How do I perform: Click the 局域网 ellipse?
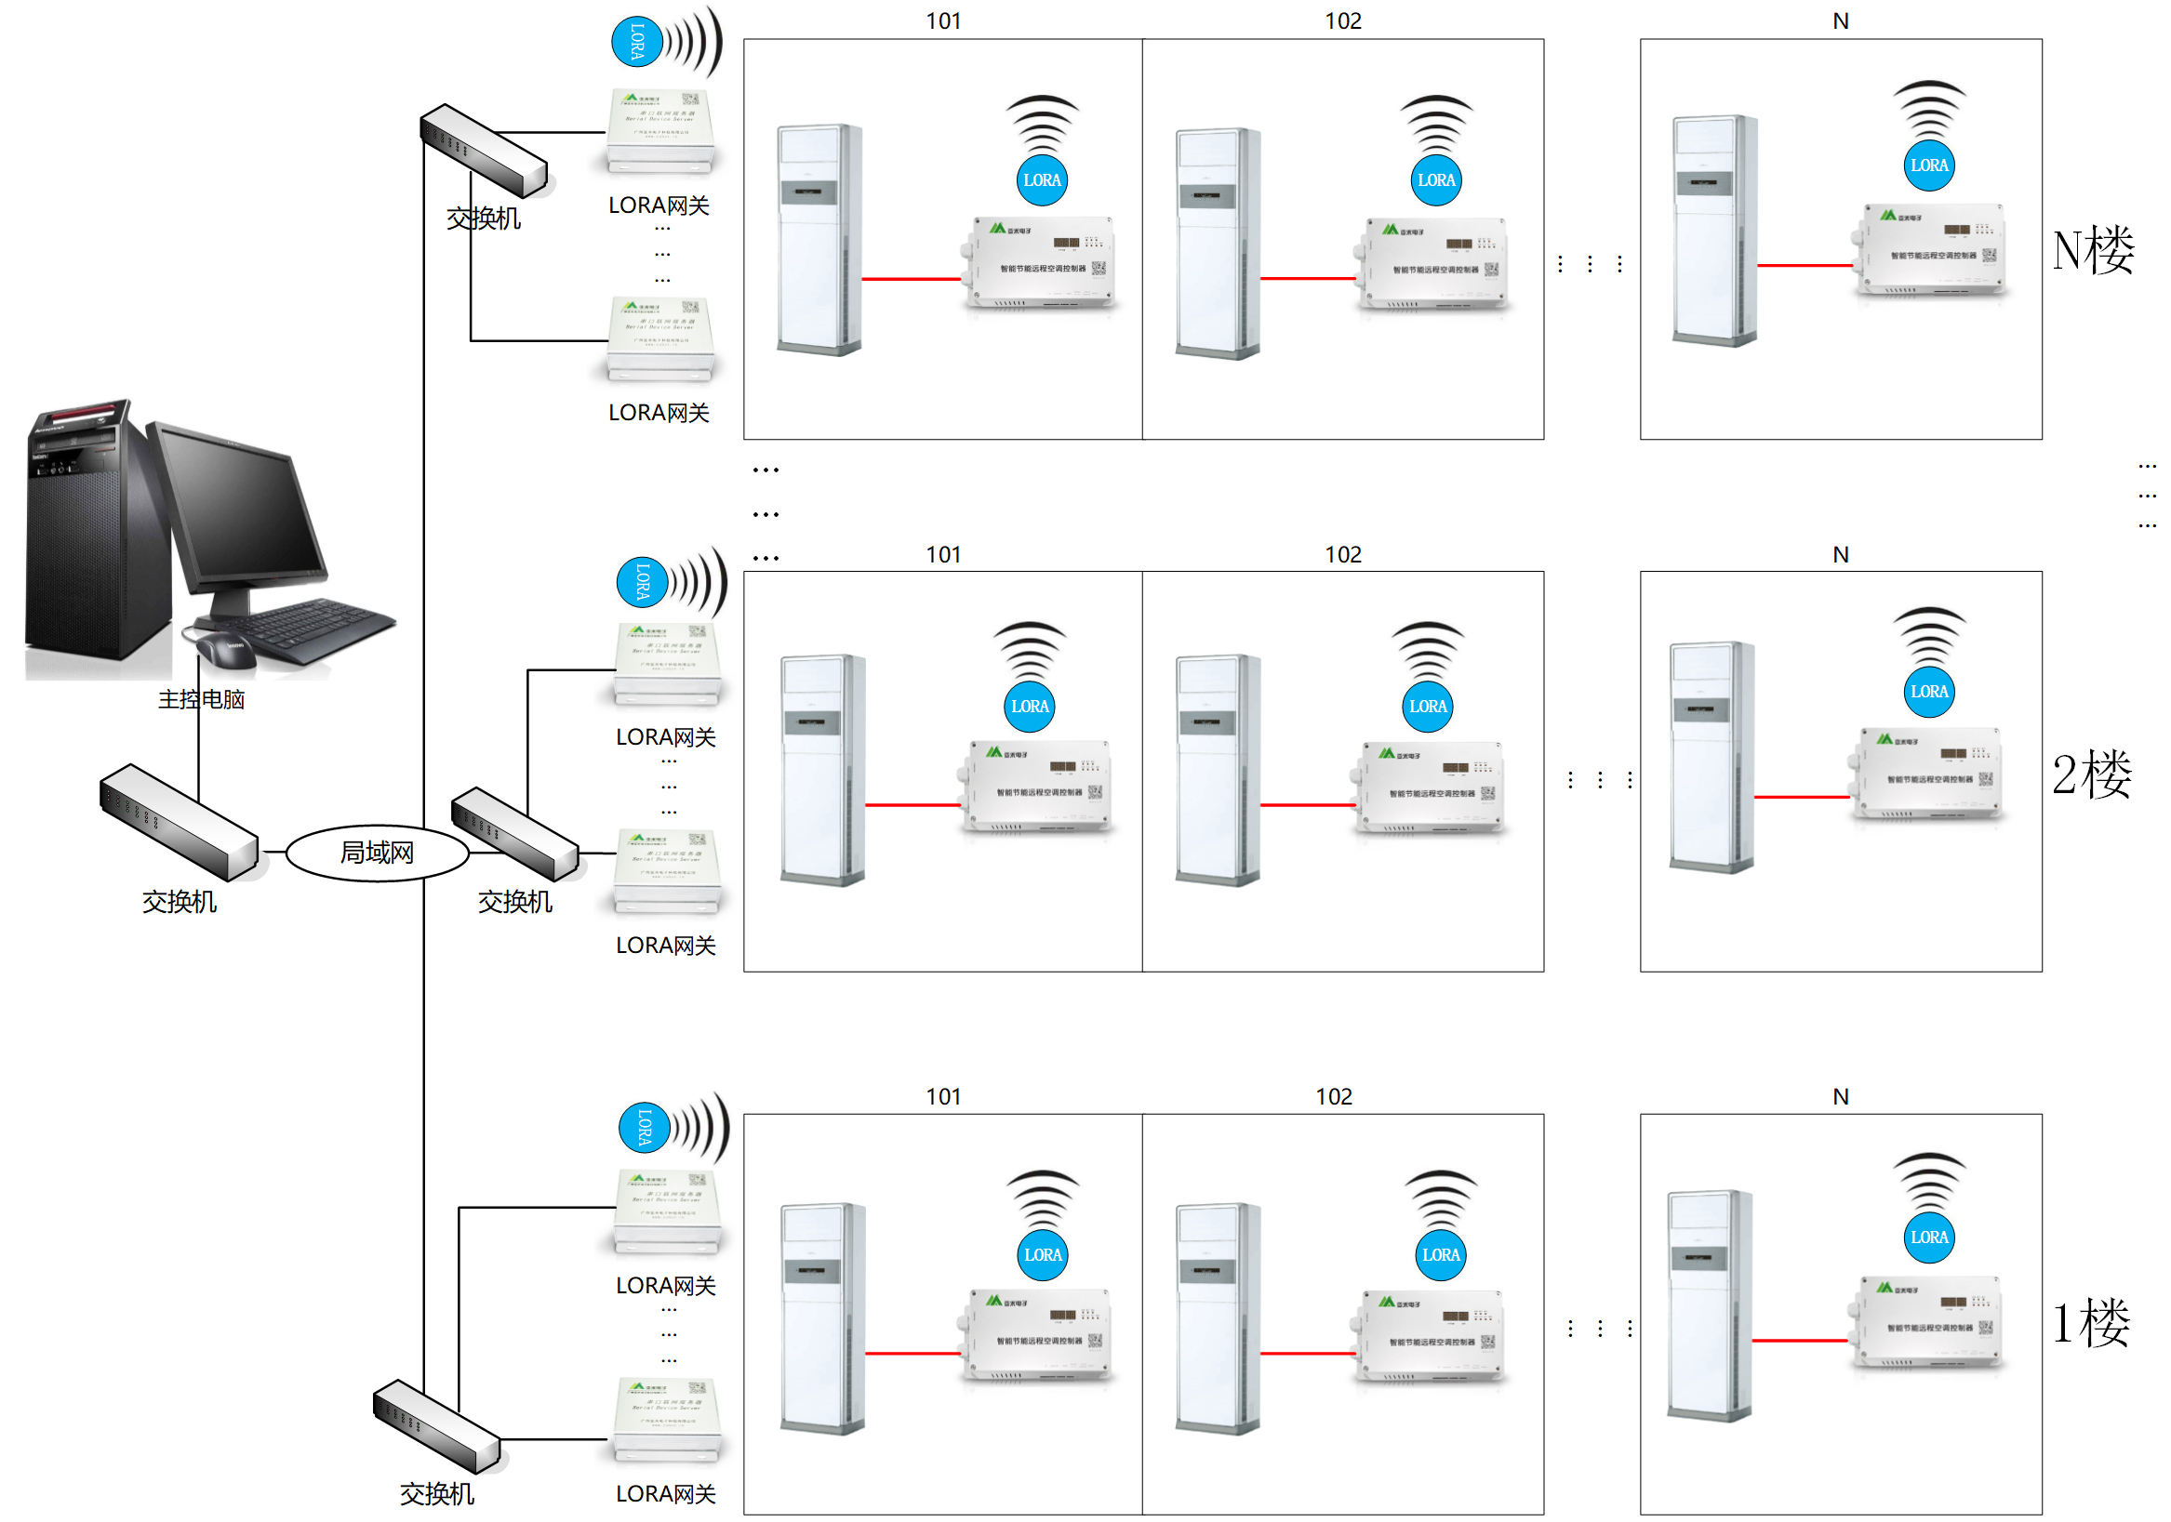point(377,853)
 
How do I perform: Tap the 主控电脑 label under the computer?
point(201,699)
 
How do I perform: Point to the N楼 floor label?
point(2094,250)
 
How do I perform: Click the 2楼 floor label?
point(2092,774)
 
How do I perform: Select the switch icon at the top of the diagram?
point(483,150)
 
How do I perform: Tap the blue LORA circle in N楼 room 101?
point(1042,180)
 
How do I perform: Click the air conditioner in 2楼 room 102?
point(1218,770)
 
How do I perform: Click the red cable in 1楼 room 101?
point(912,1353)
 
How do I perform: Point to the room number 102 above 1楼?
point(1333,1096)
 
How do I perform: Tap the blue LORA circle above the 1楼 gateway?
point(644,1127)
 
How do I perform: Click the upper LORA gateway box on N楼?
point(661,132)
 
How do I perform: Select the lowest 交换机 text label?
point(437,1493)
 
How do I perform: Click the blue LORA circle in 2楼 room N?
point(1929,692)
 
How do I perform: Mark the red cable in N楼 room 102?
point(1308,278)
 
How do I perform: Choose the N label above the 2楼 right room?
point(1840,555)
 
